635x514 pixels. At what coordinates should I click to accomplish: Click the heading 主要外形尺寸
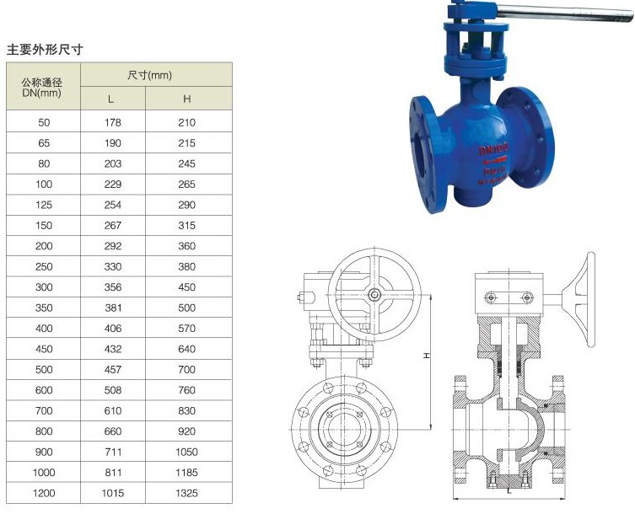click(45, 50)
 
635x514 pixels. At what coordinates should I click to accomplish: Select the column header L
click(110, 99)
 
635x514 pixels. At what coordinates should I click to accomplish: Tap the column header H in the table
click(186, 99)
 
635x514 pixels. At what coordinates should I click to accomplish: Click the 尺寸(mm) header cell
click(149, 75)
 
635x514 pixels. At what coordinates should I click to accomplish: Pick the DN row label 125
click(44, 205)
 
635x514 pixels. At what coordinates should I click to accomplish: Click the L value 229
click(113, 185)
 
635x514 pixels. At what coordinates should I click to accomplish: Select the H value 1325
click(186, 493)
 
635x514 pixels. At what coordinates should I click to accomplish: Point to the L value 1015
click(113, 493)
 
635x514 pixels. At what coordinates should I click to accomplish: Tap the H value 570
click(186, 329)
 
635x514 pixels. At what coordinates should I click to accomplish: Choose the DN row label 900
click(44, 452)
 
